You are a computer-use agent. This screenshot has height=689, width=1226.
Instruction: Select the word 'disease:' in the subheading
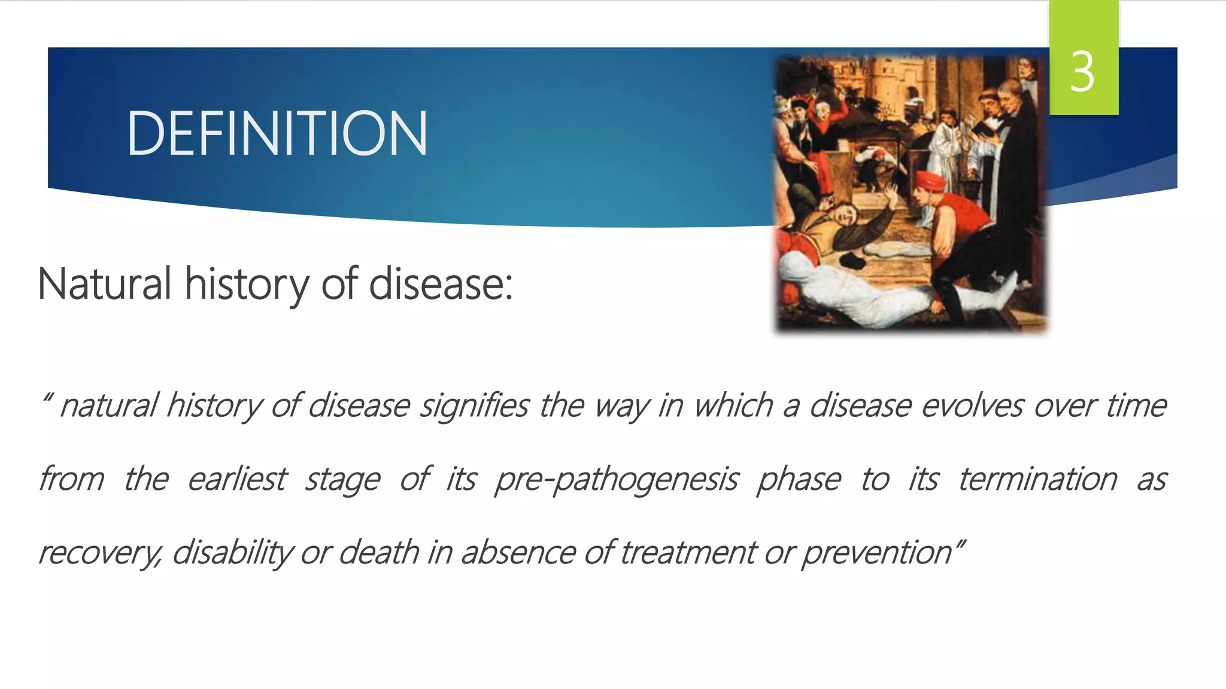(x=441, y=283)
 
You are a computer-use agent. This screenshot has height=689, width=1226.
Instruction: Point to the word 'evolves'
(x=972, y=406)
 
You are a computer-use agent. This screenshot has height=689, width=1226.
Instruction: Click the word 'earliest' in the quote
(x=237, y=479)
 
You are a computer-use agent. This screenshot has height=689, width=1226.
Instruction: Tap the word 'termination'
(x=1037, y=479)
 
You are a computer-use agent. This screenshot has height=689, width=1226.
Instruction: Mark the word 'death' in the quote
(x=378, y=552)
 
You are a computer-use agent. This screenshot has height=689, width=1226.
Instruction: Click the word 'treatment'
(x=688, y=552)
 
